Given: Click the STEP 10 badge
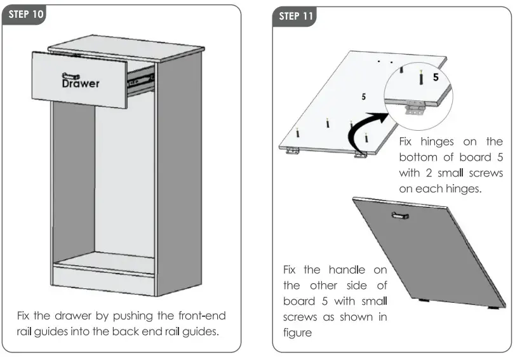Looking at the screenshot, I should [25, 15].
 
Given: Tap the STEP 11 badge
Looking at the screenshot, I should [297, 16].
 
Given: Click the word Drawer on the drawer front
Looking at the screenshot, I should [80, 83].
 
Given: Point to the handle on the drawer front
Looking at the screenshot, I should [71, 75].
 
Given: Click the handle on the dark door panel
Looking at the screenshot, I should [401, 217].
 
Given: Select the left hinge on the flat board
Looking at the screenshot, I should [293, 150].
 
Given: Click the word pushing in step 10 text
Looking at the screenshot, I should [146, 316].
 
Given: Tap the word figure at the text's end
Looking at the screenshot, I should [298, 332].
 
